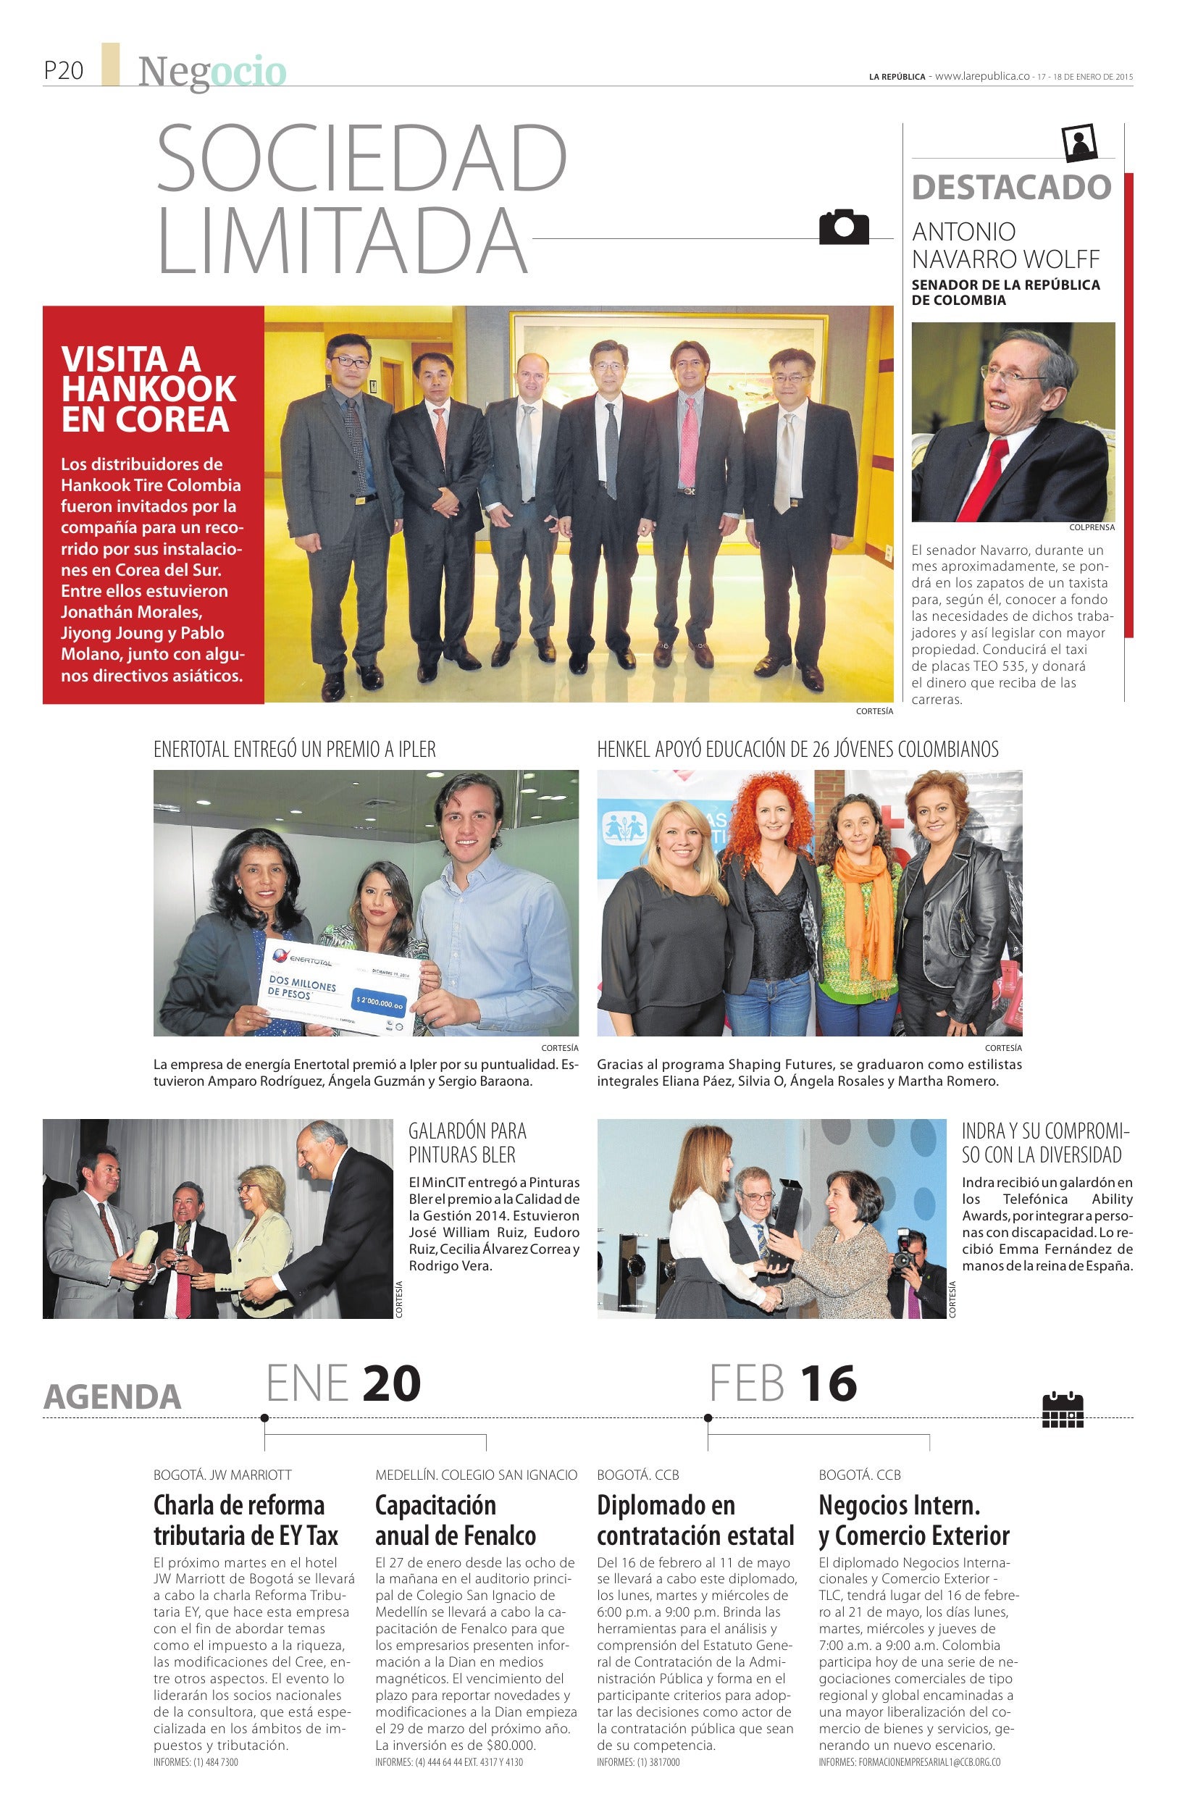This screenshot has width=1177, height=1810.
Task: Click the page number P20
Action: (63, 71)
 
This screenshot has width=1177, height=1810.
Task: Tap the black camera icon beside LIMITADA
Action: (843, 226)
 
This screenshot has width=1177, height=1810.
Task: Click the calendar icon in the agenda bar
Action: (1062, 1409)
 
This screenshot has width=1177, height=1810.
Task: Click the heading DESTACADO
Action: (1011, 187)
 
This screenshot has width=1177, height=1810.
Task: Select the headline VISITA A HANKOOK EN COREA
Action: (148, 389)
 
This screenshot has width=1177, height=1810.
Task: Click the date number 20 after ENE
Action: (391, 1383)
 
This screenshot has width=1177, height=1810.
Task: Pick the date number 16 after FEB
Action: (828, 1383)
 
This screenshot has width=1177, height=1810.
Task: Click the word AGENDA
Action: (112, 1396)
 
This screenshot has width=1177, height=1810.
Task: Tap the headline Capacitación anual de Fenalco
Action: (456, 1520)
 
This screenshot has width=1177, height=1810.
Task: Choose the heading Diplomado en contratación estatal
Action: (695, 1520)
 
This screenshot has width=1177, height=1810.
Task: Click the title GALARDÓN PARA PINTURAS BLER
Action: (467, 1142)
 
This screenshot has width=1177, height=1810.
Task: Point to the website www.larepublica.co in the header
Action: (981, 76)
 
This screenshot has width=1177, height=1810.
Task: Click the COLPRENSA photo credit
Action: (1091, 527)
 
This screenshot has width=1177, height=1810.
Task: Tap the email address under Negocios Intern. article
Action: (909, 1762)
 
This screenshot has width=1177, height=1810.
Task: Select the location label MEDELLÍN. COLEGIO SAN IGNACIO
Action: (476, 1475)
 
